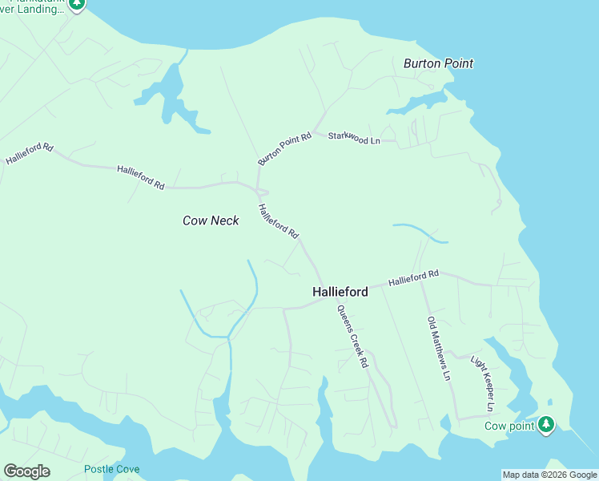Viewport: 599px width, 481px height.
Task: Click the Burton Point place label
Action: tap(438, 63)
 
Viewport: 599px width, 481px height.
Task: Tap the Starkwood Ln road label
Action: tap(354, 139)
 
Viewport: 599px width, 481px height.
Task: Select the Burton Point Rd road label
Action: tap(284, 149)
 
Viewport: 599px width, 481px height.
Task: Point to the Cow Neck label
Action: tap(211, 220)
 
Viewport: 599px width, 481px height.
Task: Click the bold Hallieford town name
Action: tap(340, 293)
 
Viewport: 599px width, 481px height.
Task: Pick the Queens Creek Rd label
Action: tap(352, 337)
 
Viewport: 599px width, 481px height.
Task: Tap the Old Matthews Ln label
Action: tap(440, 349)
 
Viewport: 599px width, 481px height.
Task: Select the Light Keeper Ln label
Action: tap(483, 384)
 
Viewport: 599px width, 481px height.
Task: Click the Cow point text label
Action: tap(509, 426)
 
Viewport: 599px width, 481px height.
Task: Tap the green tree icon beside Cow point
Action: tap(546, 424)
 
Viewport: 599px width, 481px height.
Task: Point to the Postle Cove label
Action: tap(112, 470)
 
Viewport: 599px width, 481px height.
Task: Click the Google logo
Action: tap(26, 471)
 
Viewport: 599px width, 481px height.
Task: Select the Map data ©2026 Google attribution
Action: tap(549, 475)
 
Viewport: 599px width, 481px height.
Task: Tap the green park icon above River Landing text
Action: tap(77, 4)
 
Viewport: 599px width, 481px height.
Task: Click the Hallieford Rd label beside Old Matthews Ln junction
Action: tap(414, 278)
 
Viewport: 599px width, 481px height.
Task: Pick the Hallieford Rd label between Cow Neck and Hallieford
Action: tap(278, 221)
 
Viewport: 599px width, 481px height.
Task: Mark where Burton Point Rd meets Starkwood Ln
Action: tap(317, 131)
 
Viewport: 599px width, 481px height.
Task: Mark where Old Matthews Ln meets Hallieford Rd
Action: tap(423, 278)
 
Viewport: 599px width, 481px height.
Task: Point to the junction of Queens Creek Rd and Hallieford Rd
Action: tap(326, 298)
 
